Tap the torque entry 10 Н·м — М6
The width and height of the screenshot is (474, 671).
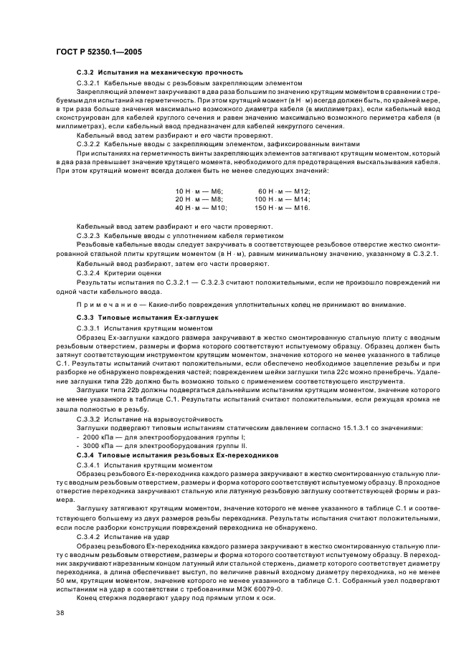point(199,191)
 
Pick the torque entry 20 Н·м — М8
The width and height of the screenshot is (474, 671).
point(199,199)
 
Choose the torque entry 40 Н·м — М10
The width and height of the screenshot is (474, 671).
point(201,208)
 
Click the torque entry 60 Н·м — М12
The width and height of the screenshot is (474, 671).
point(284,191)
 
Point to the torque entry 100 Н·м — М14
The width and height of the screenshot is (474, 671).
point(283,199)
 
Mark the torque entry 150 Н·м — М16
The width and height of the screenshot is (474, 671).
point(283,208)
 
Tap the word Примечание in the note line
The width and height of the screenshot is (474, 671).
point(106,305)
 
